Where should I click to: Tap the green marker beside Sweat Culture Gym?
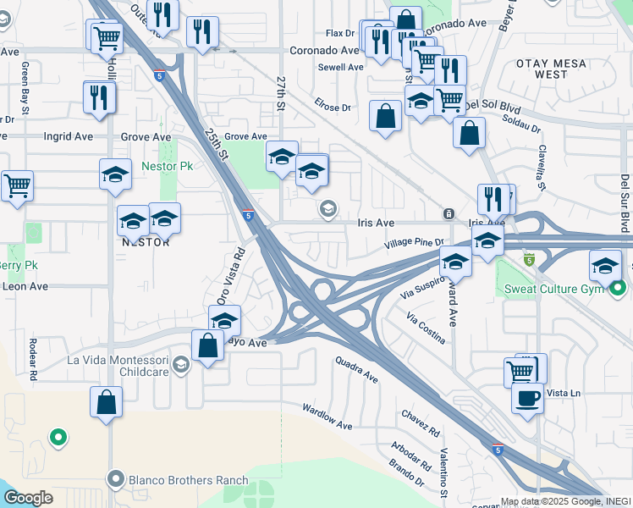(x=619, y=290)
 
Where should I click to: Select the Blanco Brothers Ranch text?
(x=189, y=480)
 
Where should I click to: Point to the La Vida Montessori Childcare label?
(x=118, y=366)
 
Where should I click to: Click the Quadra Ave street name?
(x=355, y=369)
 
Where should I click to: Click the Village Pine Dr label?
(x=413, y=243)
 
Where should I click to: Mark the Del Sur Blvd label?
(x=625, y=204)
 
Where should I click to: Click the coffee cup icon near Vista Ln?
(x=527, y=398)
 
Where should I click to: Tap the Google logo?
(x=28, y=498)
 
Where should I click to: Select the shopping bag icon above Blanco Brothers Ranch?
(x=107, y=403)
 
